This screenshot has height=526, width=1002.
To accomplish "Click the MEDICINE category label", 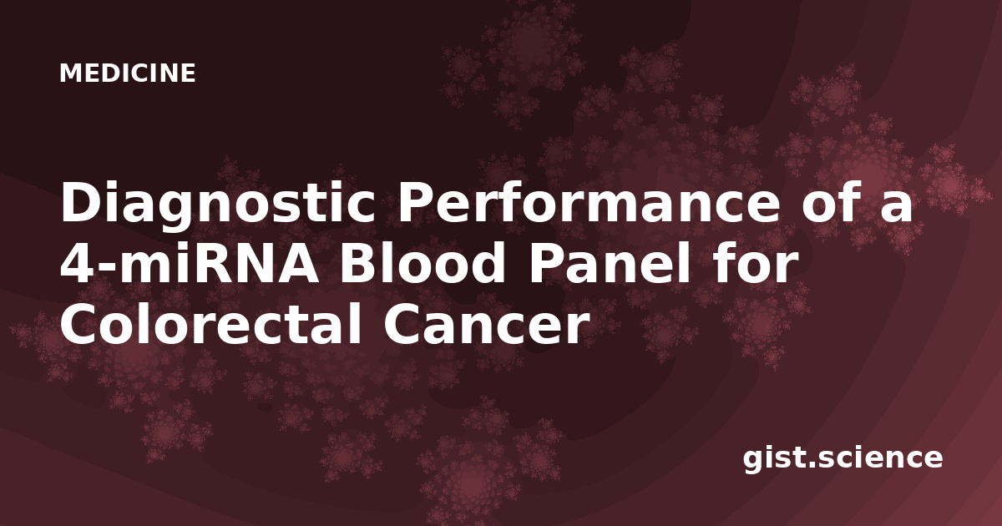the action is coord(128,73).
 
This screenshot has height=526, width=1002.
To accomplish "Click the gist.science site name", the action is coord(843,459).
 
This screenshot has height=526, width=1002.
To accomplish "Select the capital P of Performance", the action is coord(416,202).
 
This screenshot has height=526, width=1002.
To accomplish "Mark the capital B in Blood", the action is coord(359,264).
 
